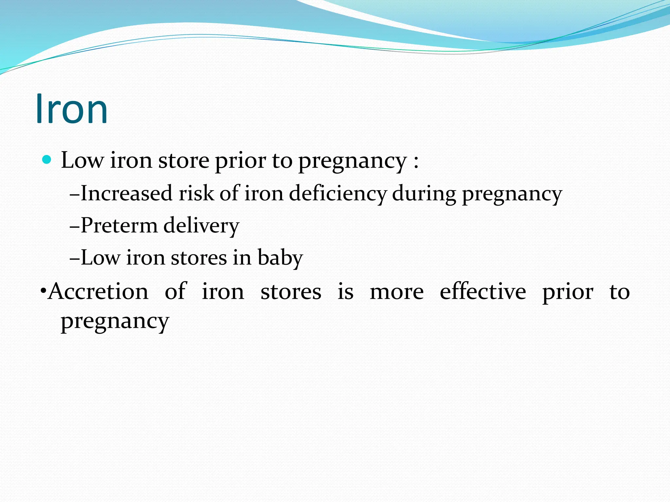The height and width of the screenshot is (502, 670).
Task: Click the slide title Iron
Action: (x=72, y=109)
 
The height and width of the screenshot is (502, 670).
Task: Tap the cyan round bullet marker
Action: (x=47, y=160)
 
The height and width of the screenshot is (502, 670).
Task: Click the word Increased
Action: (x=126, y=193)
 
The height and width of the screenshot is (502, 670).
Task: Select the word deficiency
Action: (x=337, y=194)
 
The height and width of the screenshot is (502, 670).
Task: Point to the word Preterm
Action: (x=119, y=225)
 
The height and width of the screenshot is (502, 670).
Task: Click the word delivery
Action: (x=201, y=226)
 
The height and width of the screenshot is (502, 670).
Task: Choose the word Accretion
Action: (x=98, y=291)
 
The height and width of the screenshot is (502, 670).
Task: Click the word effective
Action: (x=483, y=291)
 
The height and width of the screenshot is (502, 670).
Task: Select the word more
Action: (x=397, y=292)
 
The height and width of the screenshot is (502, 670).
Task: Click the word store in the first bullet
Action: (x=184, y=161)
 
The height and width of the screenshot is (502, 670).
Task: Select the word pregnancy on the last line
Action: (x=115, y=322)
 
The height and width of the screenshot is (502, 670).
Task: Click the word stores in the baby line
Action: (x=199, y=258)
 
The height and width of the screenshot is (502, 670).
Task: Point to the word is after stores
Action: (x=345, y=291)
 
